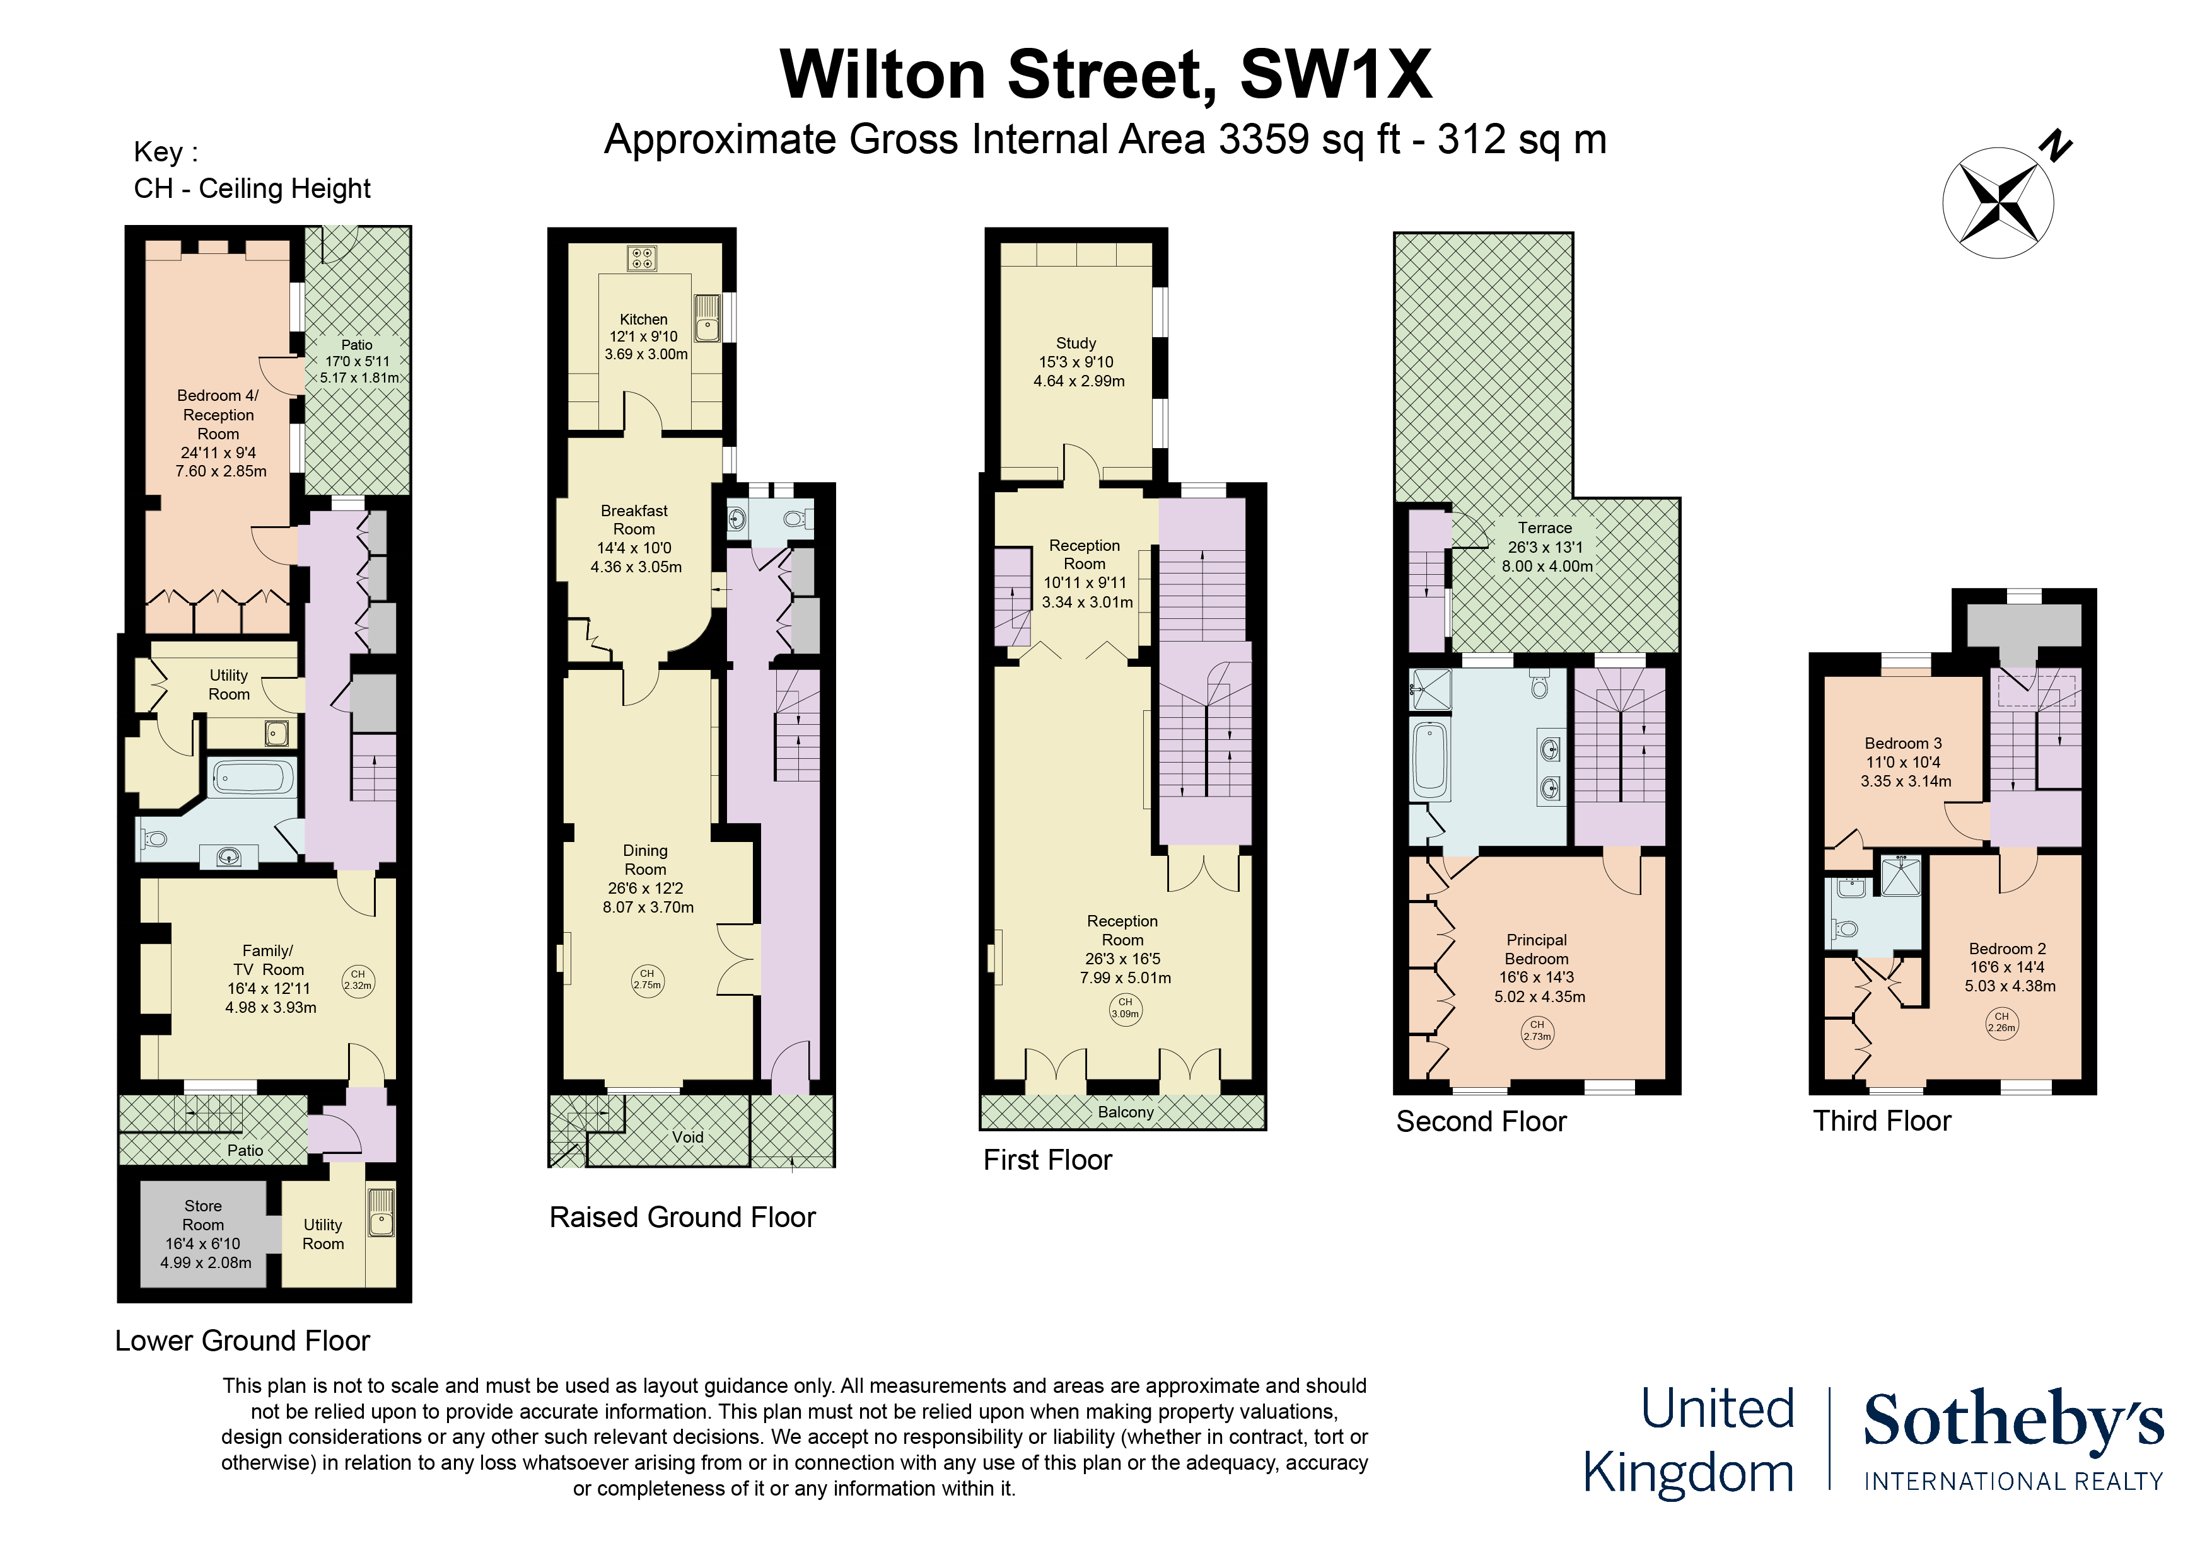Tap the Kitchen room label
pyautogui.click(x=644, y=336)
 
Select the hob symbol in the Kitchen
pyautogui.click(x=643, y=258)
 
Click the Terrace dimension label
pyautogui.click(x=1545, y=547)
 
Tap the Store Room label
pyautogui.click(x=203, y=1233)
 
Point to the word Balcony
pyautogui.click(x=1126, y=1112)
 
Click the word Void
pyautogui.click(x=688, y=1138)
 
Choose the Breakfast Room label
pyautogui.click(x=635, y=538)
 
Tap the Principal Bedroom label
pyautogui.click(x=1537, y=968)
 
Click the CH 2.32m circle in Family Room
pyautogui.click(x=358, y=981)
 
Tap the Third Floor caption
pyautogui.click(x=1882, y=1121)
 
